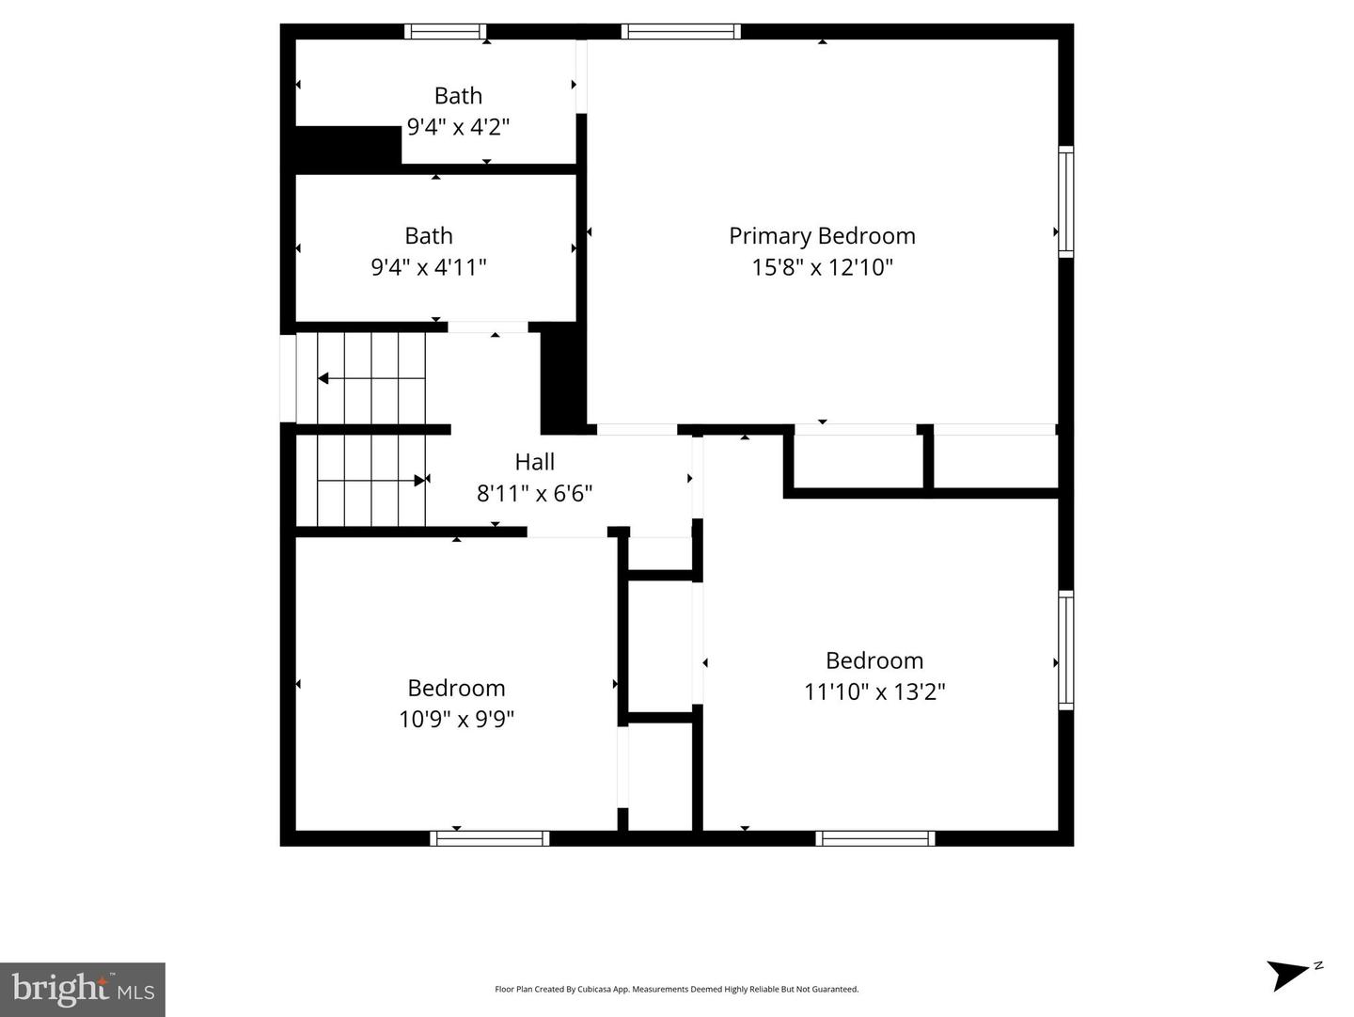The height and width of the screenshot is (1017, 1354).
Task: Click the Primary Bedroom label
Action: tap(822, 236)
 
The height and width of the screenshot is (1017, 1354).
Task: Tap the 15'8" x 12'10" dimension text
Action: tap(822, 267)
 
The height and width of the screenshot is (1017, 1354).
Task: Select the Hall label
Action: tap(534, 462)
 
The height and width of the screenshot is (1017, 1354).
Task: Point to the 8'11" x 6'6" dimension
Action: tap(534, 493)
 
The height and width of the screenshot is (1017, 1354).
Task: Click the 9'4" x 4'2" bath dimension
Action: tap(458, 126)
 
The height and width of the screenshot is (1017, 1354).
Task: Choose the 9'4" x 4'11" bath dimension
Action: tap(429, 267)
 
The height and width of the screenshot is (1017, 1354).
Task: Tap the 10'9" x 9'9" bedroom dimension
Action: tap(456, 720)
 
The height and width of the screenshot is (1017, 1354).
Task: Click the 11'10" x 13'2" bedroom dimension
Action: tap(874, 692)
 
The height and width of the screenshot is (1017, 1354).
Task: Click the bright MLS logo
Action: tap(83, 989)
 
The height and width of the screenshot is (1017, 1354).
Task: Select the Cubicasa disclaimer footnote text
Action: tap(676, 990)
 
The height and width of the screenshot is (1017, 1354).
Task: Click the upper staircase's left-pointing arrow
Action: tap(323, 378)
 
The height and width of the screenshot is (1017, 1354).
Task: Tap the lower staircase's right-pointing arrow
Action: tap(420, 480)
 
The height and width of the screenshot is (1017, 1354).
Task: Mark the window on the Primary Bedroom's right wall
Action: tap(1065, 201)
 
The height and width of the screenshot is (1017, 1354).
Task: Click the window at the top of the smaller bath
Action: tap(446, 31)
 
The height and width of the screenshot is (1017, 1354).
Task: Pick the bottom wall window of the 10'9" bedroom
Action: tap(490, 838)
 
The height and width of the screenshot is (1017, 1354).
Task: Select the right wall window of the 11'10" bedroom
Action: tap(1065, 649)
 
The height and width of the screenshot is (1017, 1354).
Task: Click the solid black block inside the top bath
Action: tap(348, 148)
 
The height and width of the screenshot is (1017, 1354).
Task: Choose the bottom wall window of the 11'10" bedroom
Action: tap(874, 838)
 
